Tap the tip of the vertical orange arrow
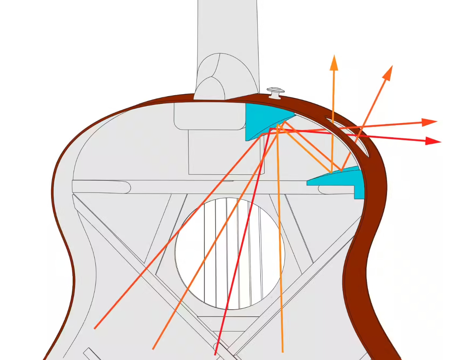(x=334, y=57)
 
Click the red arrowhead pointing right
(x=435, y=141)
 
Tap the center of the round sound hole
(x=230, y=253)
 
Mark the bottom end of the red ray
(x=216, y=354)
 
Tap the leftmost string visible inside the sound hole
(x=204, y=250)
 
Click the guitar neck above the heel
(x=228, y=24)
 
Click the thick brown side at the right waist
(x=356, y=271)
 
